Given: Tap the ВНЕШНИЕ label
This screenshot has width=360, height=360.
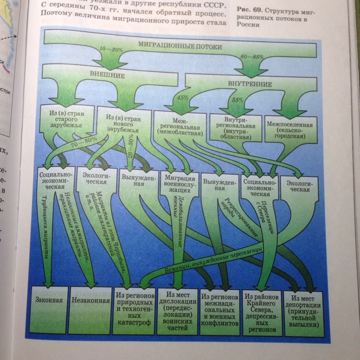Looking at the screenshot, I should click(x=107, y=74).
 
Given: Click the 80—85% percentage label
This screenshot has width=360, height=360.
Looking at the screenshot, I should click(x=251, y=56).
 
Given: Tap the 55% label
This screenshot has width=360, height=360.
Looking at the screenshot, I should click(x=237, y=100).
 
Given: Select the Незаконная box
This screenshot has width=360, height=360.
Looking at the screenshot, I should click(x=91, y=300).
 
